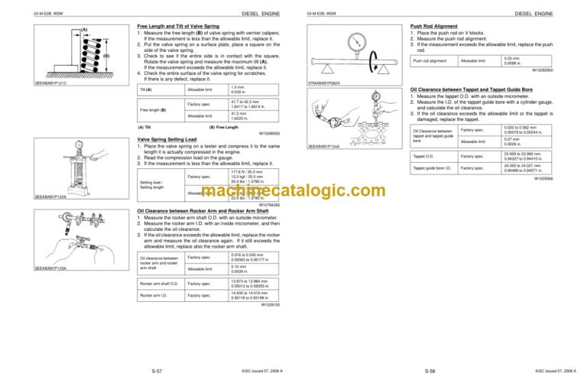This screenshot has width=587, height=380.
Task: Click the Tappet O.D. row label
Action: [x=423, y=156]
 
